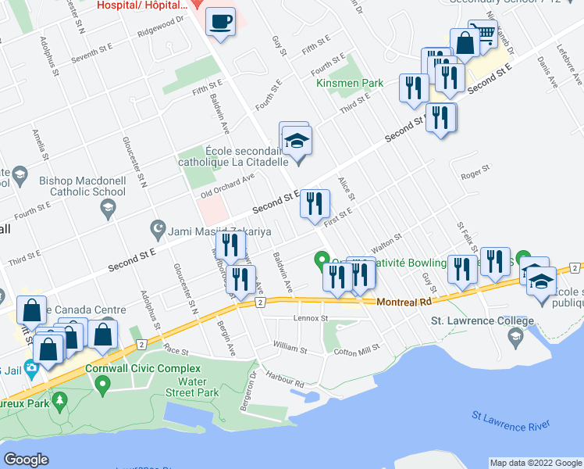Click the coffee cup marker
coord(221,21)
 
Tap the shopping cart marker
coord(486,34)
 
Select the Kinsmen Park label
coord(349,83)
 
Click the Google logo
coord(27,459)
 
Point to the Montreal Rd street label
coord(404,302)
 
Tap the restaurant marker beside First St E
coord(315,204)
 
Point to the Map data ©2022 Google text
coord(534,463)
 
